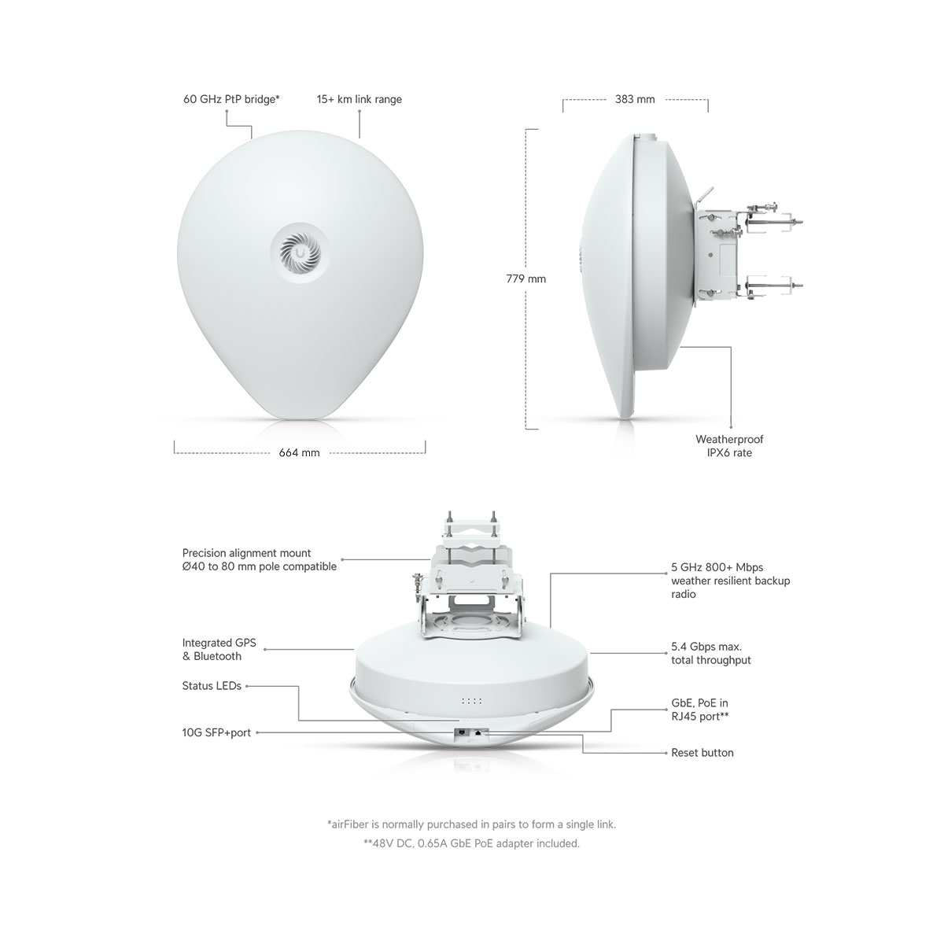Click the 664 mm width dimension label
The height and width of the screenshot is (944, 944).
coord(299,452)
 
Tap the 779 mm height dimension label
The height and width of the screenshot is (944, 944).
coord(525,278)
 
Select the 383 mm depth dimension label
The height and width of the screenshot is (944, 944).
coord(635,99)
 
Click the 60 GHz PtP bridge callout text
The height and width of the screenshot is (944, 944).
coord(231,99)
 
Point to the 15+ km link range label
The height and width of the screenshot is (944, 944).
coord(359,99)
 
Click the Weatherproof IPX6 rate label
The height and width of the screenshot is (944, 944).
coord(729,446)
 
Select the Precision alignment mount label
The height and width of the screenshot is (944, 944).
coord(259,559)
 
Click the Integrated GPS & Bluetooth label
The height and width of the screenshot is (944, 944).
coord(219,649)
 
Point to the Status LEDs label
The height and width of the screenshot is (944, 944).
coord(212,686)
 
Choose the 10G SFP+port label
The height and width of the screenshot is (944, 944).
coord(216,732)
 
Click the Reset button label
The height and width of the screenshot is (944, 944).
coord(702,753)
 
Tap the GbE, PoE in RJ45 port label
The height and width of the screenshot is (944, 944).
coord(699,710)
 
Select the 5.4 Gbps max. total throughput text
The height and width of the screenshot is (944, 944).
coord(711,653)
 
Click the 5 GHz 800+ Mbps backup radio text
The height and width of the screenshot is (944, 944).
coord(730,581)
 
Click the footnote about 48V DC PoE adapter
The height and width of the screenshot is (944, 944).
coord(471,843)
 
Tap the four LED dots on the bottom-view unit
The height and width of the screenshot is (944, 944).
coord(471,702)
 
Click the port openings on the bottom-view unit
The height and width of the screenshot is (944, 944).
coord(471,733)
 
